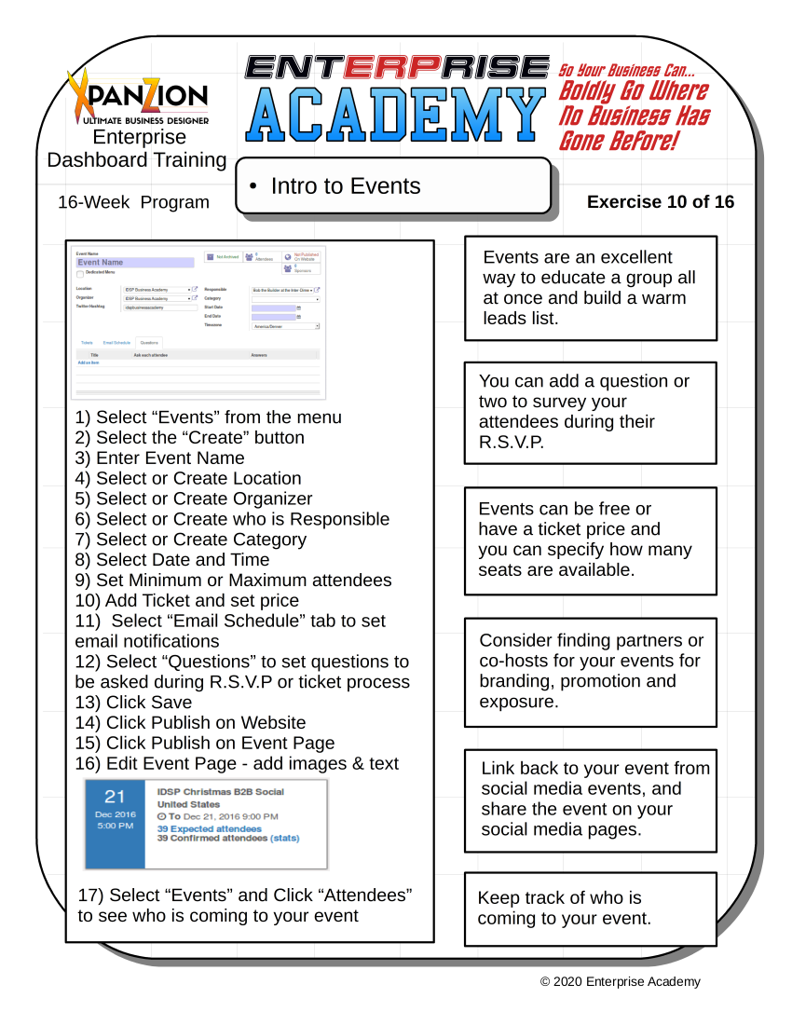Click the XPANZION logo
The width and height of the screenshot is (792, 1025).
pos(139,96)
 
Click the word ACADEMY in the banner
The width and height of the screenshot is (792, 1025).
pos(396,116)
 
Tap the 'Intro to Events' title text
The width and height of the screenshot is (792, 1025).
pos(346,186)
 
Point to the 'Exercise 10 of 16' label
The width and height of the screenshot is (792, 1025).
pos(661,202)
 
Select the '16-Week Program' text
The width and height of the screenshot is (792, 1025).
pos(133,202)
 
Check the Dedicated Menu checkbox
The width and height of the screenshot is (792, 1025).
pos(80,274)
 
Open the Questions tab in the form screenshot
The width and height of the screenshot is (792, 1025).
pos(149,343)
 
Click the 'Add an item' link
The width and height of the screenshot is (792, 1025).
pos(89,362)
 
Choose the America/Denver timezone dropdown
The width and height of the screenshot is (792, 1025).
pos(285,326)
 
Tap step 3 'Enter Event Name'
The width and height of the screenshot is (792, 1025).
pos(160,458)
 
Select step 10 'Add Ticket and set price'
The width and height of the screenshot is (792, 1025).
pos(187,601)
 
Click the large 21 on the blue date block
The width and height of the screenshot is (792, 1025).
pos(115,797)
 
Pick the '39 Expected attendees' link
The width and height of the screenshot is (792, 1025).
pos(210,828)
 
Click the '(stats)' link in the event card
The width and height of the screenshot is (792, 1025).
pos(285,839)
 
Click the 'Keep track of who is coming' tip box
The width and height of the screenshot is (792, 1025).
pos(591,909)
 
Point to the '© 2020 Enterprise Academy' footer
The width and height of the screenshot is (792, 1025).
pos(621,981)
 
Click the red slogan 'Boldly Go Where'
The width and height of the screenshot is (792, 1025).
pos(633,92)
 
